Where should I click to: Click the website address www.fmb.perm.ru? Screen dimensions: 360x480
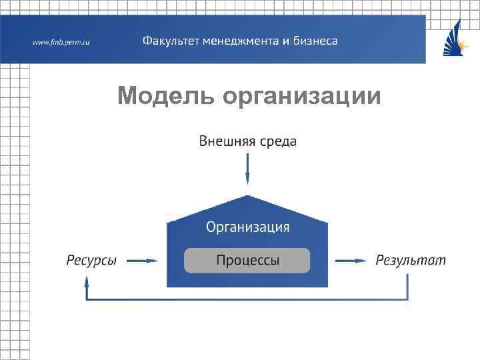click(x=61, y=43)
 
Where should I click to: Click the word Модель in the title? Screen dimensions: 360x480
click(x=165, y=97)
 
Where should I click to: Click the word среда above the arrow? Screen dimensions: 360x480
click(x=277, y=141)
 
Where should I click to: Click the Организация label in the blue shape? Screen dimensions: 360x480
click(x=247, y=227)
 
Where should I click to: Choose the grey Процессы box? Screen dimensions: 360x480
click(x=247, y=260)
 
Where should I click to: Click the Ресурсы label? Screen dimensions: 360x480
click(x=91, y=261)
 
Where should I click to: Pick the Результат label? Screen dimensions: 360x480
click(x=411, y=260)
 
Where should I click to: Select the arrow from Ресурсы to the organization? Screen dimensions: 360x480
click(x=142, y=261)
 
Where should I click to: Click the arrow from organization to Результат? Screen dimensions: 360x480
click(x=351, y=261)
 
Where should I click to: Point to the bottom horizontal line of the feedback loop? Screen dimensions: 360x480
click(x=247, y=299)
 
